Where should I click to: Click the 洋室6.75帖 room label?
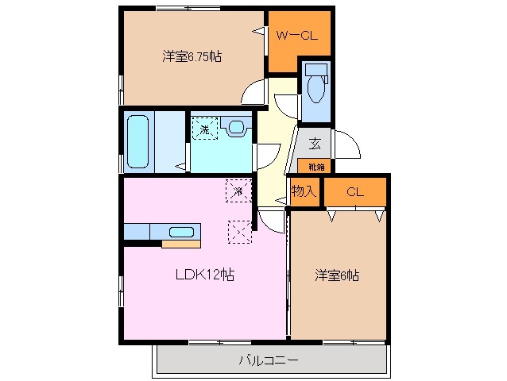click(192, 56)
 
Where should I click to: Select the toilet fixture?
click(315, 87)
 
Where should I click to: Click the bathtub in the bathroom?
click(138, 142)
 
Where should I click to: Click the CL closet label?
click(354, 190)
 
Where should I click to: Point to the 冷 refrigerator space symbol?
click(237, 190)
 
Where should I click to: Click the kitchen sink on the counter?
click(182, 232)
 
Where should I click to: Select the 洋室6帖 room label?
click(337, 275)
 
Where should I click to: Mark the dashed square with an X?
click(238, 231)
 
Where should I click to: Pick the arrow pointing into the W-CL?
click(259, 33)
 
